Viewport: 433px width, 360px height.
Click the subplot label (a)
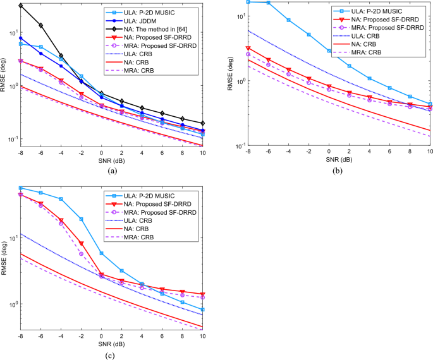click(113, 170)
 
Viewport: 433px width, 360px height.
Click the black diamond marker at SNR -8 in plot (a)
click(21, 6)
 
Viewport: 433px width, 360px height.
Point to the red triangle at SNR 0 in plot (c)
click(102, 275)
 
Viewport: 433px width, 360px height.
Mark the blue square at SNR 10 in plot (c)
click(203, 309)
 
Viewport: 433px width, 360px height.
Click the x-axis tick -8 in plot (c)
click(21, 336)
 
